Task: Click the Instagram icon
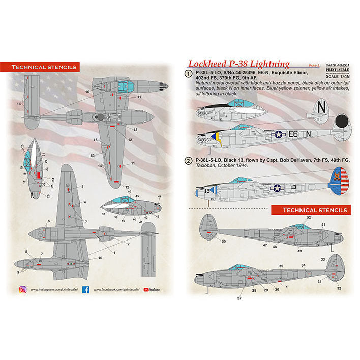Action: click(x=23, y=290)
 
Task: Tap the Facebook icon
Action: click(x=86, y=290)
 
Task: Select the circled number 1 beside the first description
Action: click(x=189, y=74)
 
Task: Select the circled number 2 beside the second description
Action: click(x=189, y=161)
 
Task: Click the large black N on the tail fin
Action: click(x=320, y=106)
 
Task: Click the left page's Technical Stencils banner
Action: click(x=45, y=67)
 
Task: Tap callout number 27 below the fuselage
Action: click(x=239, y=298)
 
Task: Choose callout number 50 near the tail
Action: click(x=223, y=241)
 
